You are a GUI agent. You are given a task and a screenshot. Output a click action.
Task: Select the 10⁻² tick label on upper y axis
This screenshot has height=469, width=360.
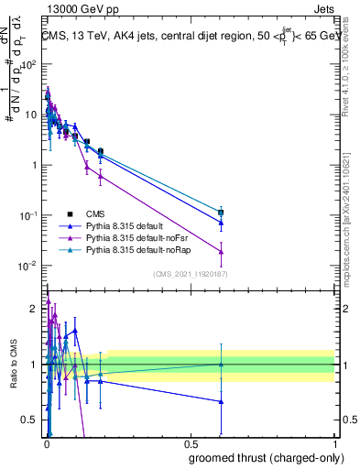[x=28, y=266]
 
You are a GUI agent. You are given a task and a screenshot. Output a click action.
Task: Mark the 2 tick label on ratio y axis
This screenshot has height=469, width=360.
[x=32, y=309]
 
